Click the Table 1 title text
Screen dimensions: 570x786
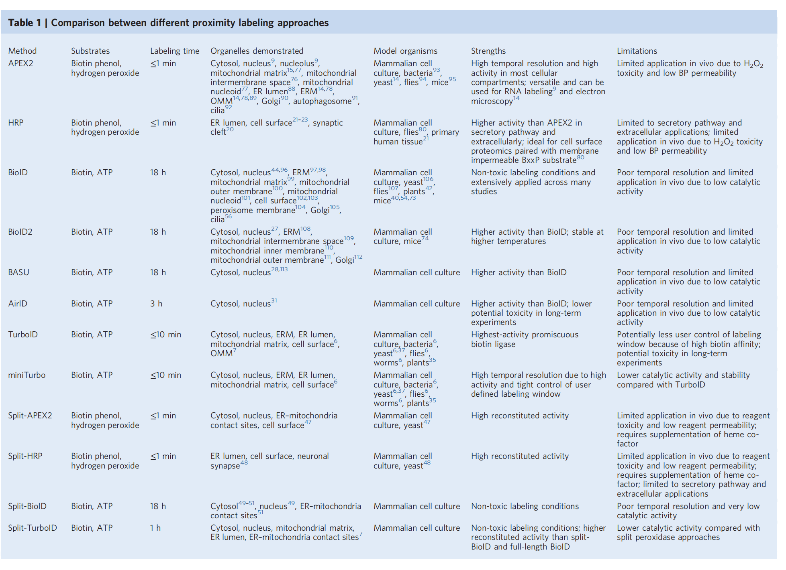[168, 23]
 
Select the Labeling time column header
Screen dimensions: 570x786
[175, 51]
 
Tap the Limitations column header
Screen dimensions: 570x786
[637, 51]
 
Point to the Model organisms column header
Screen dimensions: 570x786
[405, 51]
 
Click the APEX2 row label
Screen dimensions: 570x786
[20, 63]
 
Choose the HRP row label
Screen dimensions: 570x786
[16, 123]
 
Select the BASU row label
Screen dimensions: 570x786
[18, 272]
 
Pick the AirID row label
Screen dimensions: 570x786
[18, 304]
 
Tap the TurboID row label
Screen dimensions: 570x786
[23, 335]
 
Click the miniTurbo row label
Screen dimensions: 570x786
[27, 375]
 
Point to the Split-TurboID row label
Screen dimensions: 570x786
[33, 528]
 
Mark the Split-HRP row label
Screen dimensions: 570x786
[25, 456]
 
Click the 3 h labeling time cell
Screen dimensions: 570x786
[156, 304]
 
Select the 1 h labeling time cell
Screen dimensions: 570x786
[155, 528]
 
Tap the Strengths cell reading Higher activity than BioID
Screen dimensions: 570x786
[519, 272]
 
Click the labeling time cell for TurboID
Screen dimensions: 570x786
[165, 335]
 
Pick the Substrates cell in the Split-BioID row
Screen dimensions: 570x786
[92, 506]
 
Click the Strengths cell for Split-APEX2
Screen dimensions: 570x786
[520, 416]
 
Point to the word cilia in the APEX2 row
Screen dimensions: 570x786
[218, 110]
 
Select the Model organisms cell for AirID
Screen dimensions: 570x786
[416, 304]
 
